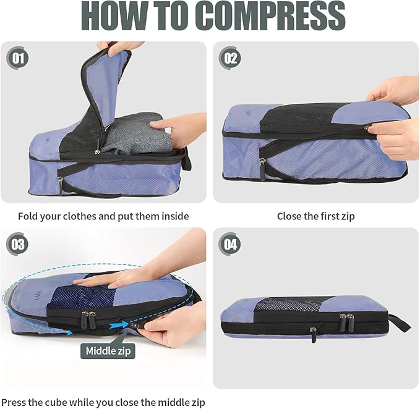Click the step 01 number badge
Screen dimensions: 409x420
click(17, 59)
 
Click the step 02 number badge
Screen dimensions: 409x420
click(230, 59)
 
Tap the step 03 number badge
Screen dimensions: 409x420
click(17, 245)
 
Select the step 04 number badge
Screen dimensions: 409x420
click(230, 245)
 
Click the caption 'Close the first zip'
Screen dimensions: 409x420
click(315, 216)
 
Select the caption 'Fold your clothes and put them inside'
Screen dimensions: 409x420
click(103, 216)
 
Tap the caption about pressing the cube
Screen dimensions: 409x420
click(103, 402)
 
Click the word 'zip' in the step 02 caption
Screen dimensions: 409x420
click(348, 216)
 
